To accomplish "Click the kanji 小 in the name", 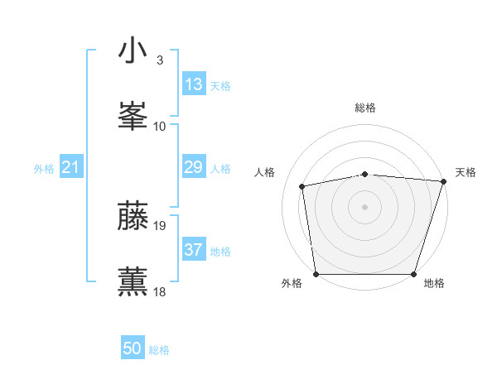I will click(133, 51).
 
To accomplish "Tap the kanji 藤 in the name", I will click(133, 216).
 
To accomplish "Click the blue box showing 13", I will click(194, 84).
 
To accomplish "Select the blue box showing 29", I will click(194, 168).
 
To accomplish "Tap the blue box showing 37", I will click(194, 250).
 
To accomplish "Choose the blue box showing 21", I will click(71, 168).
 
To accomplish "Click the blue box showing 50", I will click(133, 348).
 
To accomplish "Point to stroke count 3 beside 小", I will click(160, 60).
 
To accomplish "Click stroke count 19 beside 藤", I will click(161, 225).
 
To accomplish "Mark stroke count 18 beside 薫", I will click(161, 291).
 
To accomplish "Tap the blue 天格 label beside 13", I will click(220, 85).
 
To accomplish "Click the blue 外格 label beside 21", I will click(44, 169).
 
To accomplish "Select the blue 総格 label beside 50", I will click(159, 350).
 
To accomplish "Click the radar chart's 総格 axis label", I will click(365, 108).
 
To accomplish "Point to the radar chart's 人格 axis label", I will click(265, 172).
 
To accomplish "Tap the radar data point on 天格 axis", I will click(444, 181).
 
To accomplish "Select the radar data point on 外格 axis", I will click(316, 273).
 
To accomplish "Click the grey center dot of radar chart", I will click(365, 206).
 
